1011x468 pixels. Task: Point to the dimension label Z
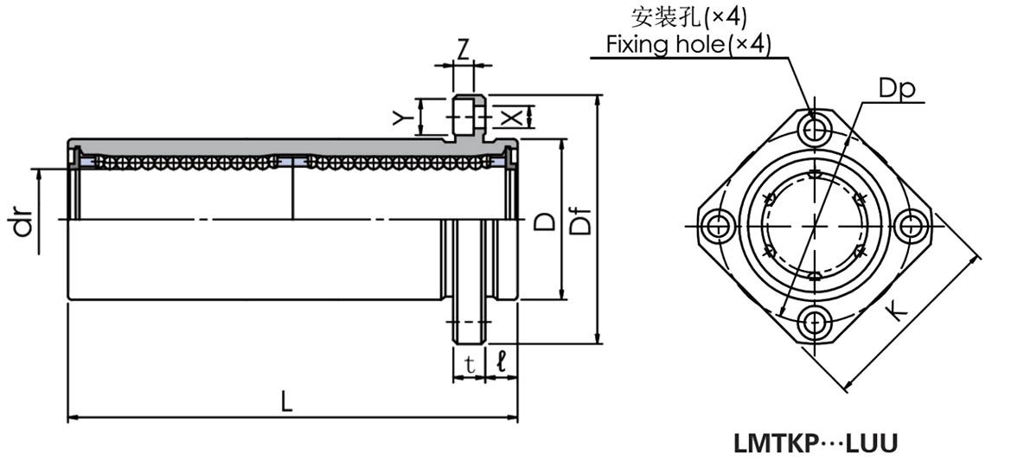(464, 49)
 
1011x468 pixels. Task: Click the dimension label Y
(400, 117)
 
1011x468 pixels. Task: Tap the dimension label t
(469, 365)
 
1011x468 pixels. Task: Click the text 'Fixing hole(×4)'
(688, 43)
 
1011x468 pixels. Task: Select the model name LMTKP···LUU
(816, 444)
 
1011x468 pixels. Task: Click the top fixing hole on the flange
(814, 130)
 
